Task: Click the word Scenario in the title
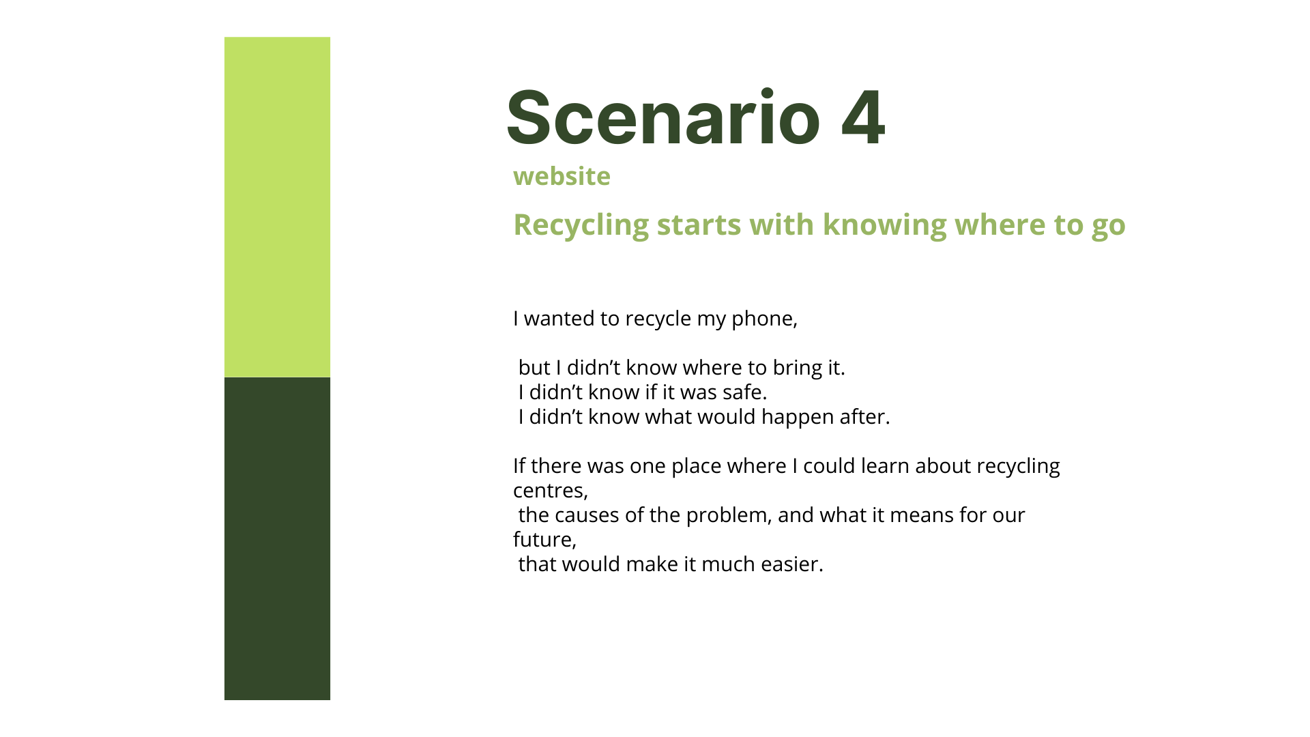[x=663, y=117]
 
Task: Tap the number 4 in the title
[x=863, y=117]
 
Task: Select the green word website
[x=562, y=176]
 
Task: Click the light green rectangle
[x=277, y=207]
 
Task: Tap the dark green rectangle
[x=277, y=538]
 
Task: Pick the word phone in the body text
[x=764, y=319]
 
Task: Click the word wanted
[x=559, y=319]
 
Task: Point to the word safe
[x=744, y=392]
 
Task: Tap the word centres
[x=550, y=491]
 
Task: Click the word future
[x=544, y=540]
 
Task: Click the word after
[x=864, y=417]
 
